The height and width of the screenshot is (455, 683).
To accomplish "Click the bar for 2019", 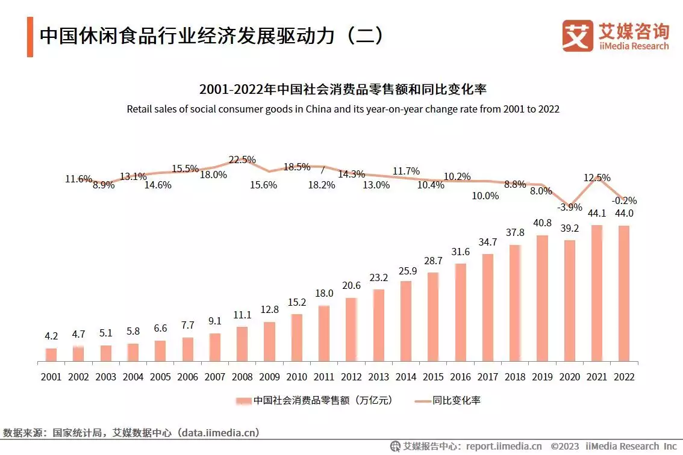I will [x=542, y=299].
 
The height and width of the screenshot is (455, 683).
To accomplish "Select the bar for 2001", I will [x=51, y=355].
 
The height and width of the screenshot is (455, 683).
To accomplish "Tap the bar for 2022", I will [x=624, y=294].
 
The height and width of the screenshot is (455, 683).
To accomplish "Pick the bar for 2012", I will [x=352, y=330].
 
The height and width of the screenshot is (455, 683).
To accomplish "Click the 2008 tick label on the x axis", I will [x=242, y=377].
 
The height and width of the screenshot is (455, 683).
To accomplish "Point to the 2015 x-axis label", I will [x=432, y=377].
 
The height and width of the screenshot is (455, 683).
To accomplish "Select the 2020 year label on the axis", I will [x=569, y=377].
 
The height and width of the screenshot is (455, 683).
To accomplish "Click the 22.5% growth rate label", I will [x=242, y=160].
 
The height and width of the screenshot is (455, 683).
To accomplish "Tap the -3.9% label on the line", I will [x=569, y=207].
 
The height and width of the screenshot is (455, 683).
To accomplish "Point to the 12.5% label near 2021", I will [x=597, y=178].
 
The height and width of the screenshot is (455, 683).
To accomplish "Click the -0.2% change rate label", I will [x=624, y=200].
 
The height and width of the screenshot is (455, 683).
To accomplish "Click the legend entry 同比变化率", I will [x=448, y=400].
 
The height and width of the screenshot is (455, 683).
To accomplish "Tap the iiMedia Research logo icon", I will [x=577, y=36].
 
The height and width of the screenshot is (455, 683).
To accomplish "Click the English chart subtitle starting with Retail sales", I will [x=343, y=110].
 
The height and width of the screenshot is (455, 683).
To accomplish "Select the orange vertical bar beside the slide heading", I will [x=30, y=37].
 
